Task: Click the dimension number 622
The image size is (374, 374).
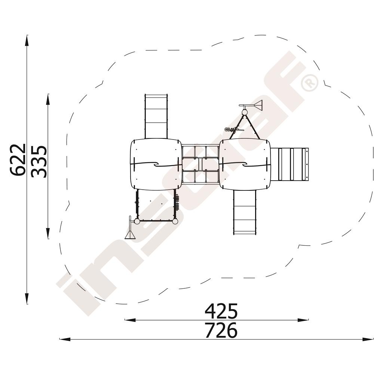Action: [18, 160]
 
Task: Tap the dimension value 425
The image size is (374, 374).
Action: [221, 311]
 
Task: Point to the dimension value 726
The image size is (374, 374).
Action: [221, 330]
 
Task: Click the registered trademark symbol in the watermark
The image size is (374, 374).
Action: [310, 83]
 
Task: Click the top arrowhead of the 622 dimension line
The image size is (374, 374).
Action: [27, 40]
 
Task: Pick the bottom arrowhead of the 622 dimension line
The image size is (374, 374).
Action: [27, 298]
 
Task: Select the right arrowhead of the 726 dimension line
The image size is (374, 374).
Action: [368, 339]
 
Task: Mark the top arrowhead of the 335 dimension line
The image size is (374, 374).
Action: [48, 99]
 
